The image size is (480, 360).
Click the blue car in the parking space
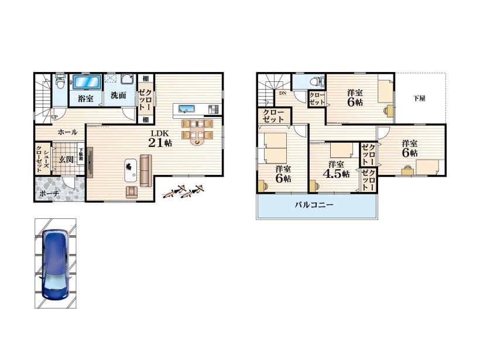point(56,264)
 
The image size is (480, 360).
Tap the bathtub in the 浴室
point(87,83)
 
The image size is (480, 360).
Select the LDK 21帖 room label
point(160,139)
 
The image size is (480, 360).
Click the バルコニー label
point(314,205)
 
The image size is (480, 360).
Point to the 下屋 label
point(419,98)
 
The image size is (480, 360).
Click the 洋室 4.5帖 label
point(336,170)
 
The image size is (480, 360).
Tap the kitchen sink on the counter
point(187,109)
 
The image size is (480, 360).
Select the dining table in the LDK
point(197,132)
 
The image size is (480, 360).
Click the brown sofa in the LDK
point(146,171)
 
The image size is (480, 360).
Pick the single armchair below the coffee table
point(132,192)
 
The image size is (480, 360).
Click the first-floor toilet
point(60,81)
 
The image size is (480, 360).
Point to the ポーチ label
point(49,194)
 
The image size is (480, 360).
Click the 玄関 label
point(66,159)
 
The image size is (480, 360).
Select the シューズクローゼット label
point(42,159)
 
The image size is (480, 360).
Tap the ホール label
point(67,132)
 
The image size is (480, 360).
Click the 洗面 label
point(118,95)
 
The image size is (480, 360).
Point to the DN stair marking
point(282,93)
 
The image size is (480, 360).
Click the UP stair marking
point(54,117)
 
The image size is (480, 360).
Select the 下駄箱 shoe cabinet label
point(81,155)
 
